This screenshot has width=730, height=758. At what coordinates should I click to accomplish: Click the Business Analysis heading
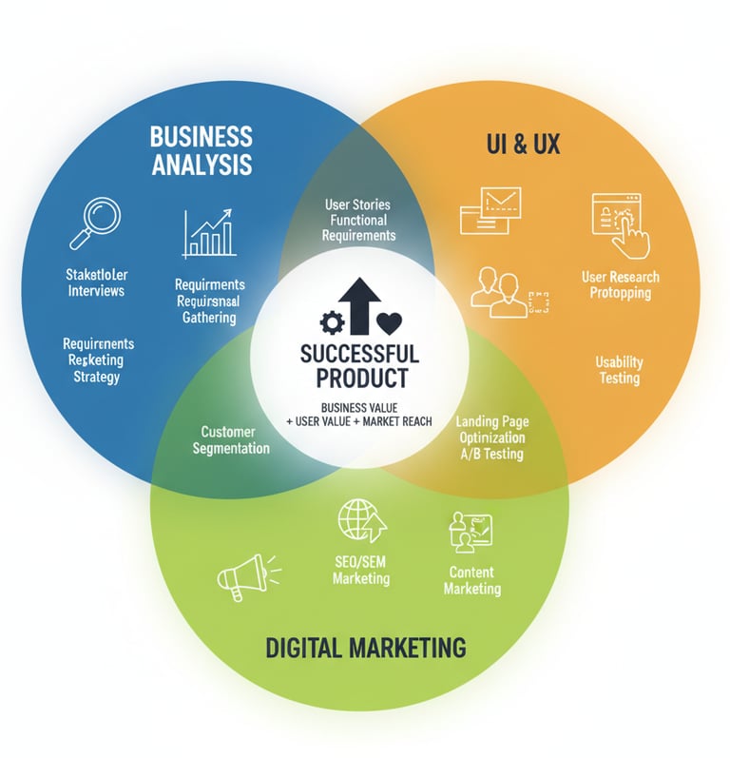[201, 149]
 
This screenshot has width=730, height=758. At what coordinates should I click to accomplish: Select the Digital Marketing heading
[365, 649]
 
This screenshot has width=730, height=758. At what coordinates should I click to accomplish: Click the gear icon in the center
[333, 323]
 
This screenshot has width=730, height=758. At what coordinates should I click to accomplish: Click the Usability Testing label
[619, 370]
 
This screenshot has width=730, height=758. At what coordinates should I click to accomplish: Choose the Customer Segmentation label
[230, 439]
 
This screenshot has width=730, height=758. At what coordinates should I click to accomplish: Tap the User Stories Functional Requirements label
[357, 220]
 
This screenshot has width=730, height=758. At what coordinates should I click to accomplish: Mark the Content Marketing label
[471, 580]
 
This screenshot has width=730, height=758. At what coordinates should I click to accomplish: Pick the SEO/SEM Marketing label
[361, 571]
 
